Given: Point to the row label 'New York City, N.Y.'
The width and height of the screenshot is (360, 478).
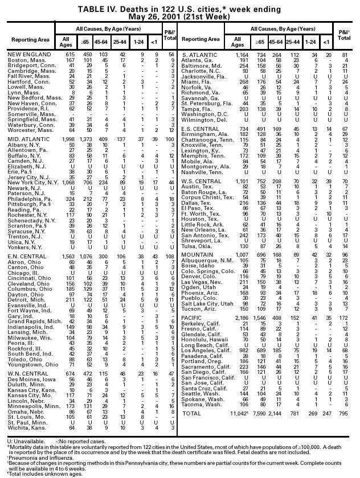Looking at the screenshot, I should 31,182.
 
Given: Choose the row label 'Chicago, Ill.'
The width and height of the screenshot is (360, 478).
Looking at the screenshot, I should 22,273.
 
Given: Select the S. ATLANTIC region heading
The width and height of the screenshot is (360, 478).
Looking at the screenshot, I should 201,54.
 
